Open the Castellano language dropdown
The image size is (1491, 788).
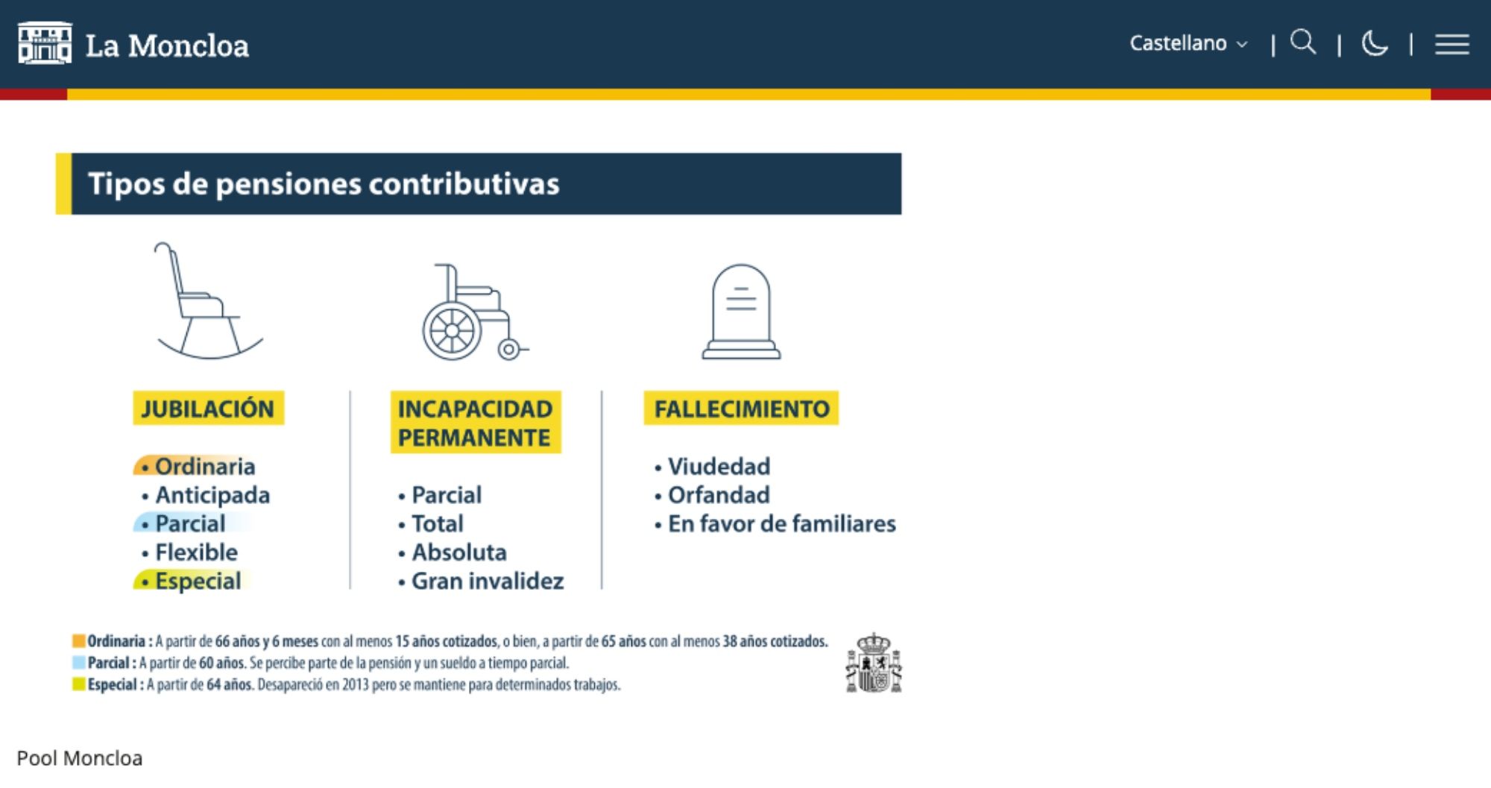click(1188, 43)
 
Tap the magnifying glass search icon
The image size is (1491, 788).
click(1303, 42)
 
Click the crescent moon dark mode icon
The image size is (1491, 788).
click(1375, 43)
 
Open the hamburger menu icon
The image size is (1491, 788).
click(1451, 44)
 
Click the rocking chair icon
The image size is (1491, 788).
click(207, 301)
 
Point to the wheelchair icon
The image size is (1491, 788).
click(473, 312)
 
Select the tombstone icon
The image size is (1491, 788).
click(741, 312)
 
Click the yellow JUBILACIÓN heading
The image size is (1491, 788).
click(208, 409)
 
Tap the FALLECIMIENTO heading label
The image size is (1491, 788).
click(741, 409)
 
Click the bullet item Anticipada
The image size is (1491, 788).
click(212, 495)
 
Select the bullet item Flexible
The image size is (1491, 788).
click(196, 552)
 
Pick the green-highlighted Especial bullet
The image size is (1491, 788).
click(198, 581)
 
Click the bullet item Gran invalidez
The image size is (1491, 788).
click(487, 581)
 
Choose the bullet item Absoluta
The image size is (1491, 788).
click(458, 552)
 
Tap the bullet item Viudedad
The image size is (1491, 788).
click(719, 467)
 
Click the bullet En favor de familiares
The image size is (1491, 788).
click(781, 524)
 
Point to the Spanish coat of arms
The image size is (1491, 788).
click(873, 664)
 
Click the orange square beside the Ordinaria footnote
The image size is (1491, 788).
click(78, 641)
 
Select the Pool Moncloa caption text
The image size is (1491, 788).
click(80, 758)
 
